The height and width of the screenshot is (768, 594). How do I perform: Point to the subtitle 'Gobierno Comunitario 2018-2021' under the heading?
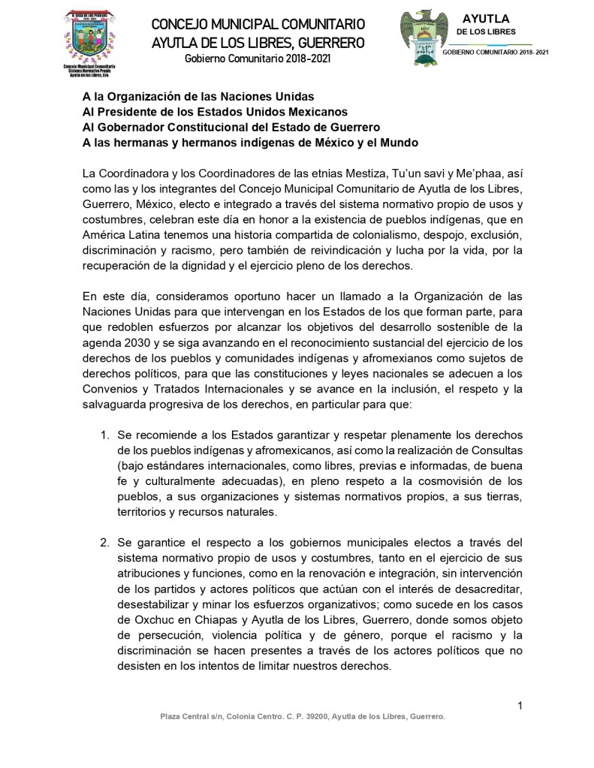(258, 59)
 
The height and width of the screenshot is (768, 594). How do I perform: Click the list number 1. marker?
(104, 435)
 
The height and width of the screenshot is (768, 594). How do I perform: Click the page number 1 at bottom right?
(520, 704)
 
